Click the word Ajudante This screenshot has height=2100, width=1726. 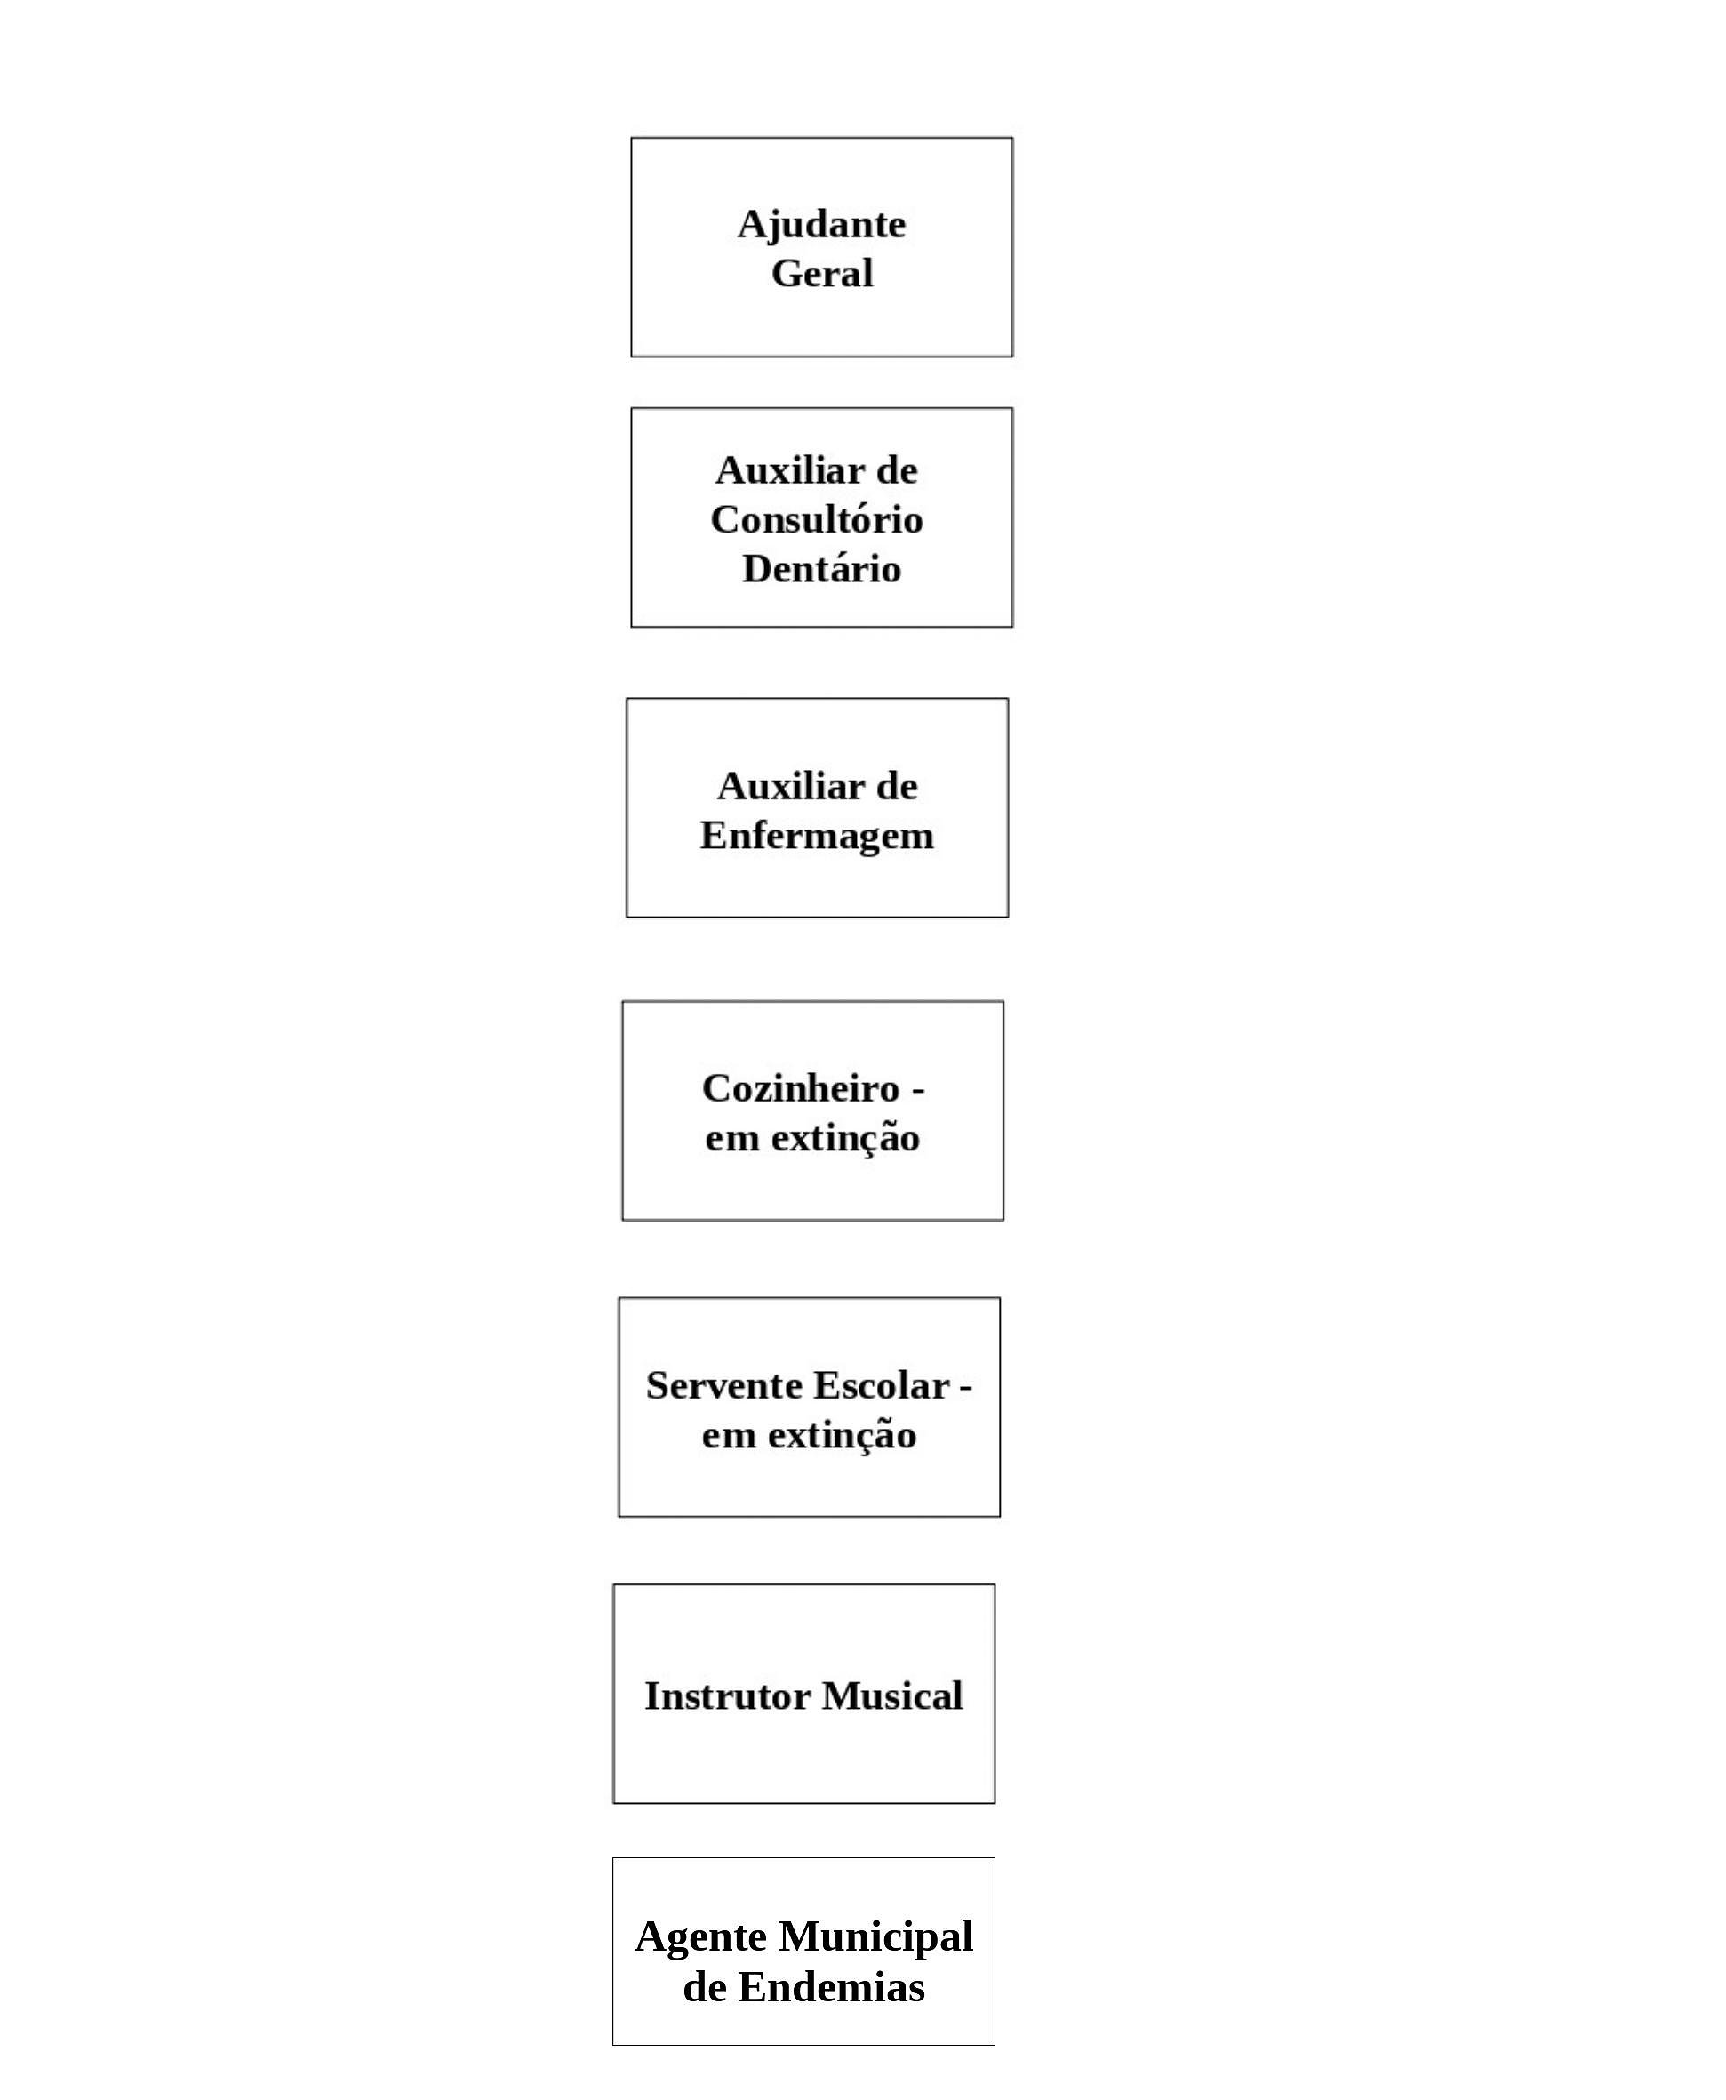(x=821, y=226)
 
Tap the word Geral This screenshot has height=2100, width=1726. (x=822, y=274)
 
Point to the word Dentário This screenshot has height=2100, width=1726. (x=821, y=569)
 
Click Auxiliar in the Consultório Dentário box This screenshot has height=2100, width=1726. (x=790, y=470)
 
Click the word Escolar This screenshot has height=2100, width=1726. (x=882, y=1385)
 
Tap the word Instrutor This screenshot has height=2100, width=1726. (x=728, y=1695)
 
